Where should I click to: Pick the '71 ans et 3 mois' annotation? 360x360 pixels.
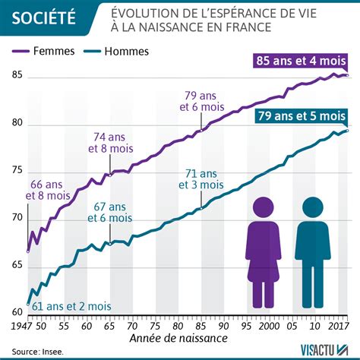[201, 179]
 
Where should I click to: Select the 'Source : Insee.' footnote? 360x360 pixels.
[37, 352]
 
